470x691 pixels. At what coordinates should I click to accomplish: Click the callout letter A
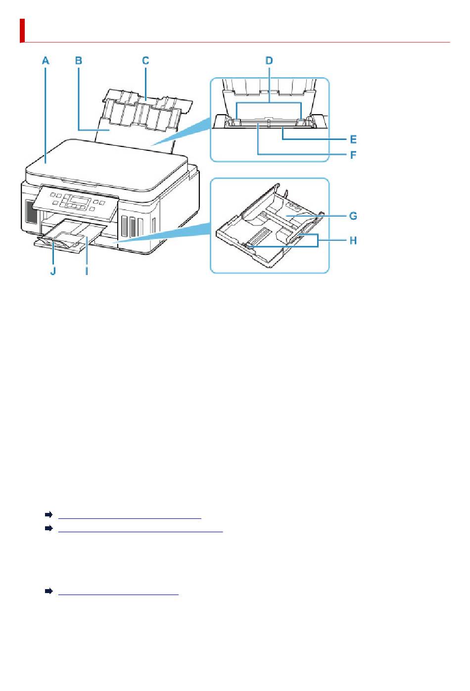[x=46, y=61]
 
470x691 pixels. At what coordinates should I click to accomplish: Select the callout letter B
[x=79, y=61]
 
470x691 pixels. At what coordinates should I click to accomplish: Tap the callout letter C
[x=145, y=61]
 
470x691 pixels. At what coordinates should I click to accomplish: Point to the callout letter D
[x=269, y=61]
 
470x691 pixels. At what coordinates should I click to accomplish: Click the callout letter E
[x=353, y=139]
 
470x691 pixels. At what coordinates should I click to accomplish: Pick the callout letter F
[x=353, y=155]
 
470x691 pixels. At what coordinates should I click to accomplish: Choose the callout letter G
[x=353, y=216]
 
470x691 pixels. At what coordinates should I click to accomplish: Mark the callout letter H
[x=353, y=241]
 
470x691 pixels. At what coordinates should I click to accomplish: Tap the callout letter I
[x=87, y=271]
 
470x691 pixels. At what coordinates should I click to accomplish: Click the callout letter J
[x=52, y=271]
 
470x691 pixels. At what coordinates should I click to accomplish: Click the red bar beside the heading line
[x=22, y=31]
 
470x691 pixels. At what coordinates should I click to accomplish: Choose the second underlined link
[x=141, y=529]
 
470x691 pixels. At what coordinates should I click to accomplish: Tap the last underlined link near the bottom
[x=118, y=592]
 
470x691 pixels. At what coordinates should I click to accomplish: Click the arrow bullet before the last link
[x=48, y=592]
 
